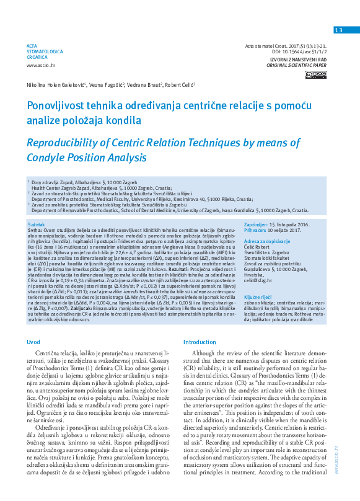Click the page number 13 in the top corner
(x=338, y=30)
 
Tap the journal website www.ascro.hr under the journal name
(x=40, y=64)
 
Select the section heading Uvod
(x=33, y=342)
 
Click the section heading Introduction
(x=200, y=342)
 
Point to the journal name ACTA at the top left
(x=32, y=46)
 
